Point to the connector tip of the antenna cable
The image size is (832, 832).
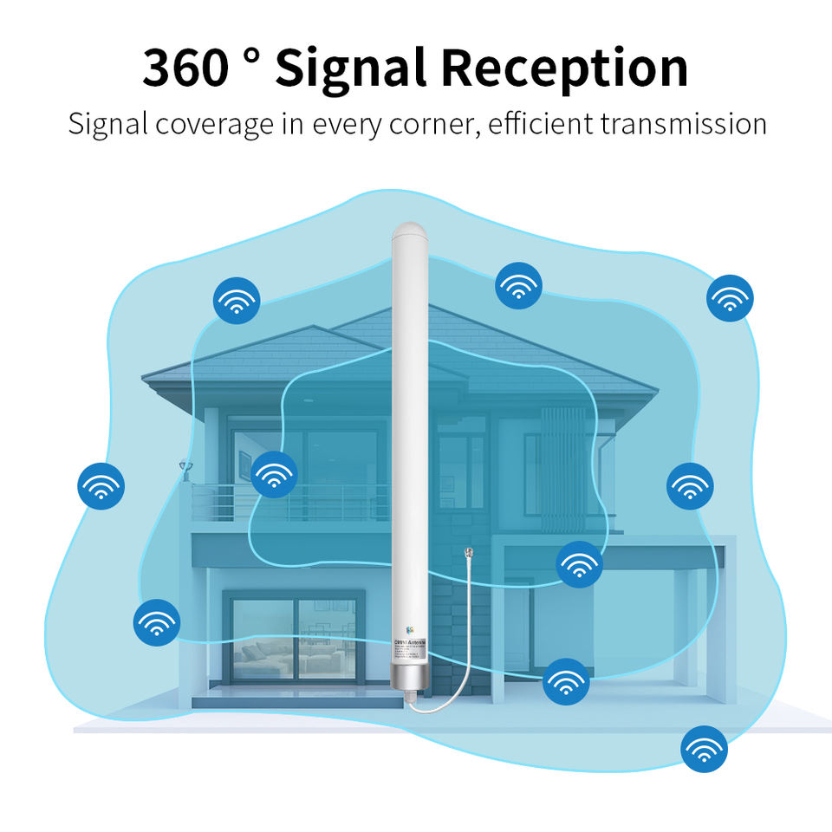pos(468,552)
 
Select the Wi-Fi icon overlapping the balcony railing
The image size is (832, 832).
pos(275,474)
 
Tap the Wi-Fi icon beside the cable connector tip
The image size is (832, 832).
pos(579,564)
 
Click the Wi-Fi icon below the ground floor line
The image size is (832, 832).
pos(704,749)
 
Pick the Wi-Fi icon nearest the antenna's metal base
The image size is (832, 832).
pos(566,681)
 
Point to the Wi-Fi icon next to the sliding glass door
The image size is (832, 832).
pos(157,621)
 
